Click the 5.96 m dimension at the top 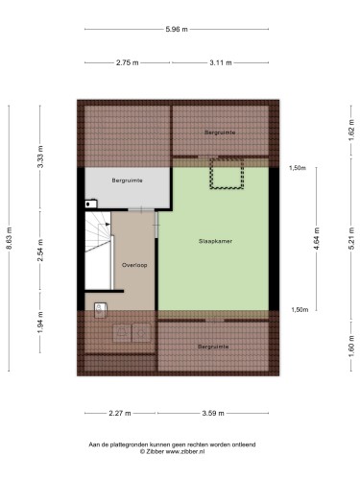click(x=177, y=29)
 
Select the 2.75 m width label click(x=128, y=62)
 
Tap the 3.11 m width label click(x=221, y=62)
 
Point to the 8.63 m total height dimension click(x=9, y=238)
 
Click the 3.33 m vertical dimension click(x=40, y=156)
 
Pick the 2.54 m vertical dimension click(x=40, y=251)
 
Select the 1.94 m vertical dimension click(x=40, y=323)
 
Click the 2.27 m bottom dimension click(x=120, y=413)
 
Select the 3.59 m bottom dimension click(x=213, y=413)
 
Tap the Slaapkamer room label click(x=215, y=241)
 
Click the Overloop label click(x=134, y=265)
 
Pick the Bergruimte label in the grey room click(x=127, y=180)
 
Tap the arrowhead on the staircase click(x=108, y=224)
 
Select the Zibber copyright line click(x=172, y=452)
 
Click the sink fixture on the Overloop click(x=101, y=310)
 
